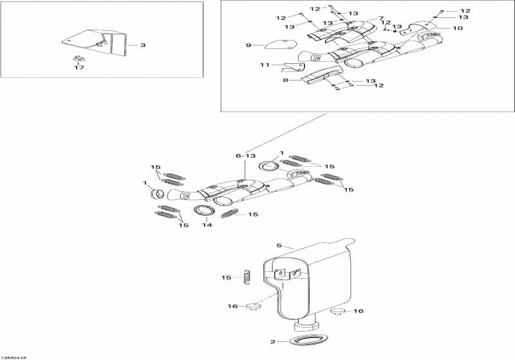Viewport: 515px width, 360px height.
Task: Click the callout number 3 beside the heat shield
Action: (x=143, y=45)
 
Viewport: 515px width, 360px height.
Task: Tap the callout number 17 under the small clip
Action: (x=79, y=67)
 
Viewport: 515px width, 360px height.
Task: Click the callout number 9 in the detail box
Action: (x=248, y=45)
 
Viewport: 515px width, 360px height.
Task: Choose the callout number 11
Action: (x=264, y=65)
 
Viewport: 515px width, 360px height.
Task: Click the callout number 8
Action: (x=286, y=81)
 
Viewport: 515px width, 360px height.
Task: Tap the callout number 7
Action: (x=380, y=18)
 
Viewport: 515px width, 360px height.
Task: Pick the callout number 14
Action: (x=207, y=225)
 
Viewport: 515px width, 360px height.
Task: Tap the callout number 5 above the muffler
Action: (x=279, y=245)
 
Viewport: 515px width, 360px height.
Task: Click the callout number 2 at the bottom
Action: (x=273, y=341)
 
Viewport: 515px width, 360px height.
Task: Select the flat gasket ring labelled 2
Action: (x=304, y=339)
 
